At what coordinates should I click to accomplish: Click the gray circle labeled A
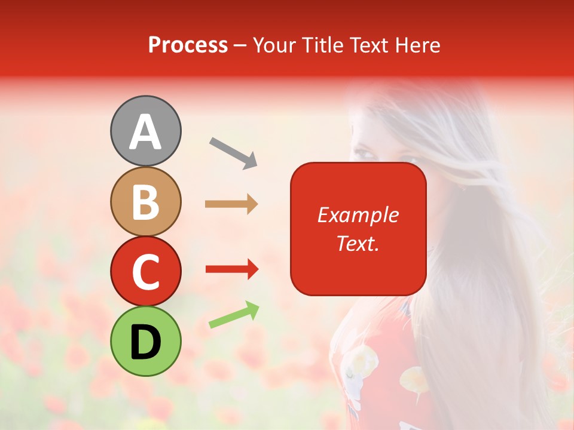click(x=146, y=131)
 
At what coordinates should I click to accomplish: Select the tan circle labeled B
click(x=146, y=201)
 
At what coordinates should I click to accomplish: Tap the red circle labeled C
click(x=146, y=271)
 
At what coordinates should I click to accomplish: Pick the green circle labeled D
click(x=146, y=341)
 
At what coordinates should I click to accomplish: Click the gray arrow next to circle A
click(x=233, y=152)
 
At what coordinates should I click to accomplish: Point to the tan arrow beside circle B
click(x=231, y=204)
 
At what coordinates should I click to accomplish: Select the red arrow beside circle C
click(x=231, y=269)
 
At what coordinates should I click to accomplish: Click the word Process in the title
click(x=188, y=45)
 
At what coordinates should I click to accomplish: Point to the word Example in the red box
click(x=358, y=215)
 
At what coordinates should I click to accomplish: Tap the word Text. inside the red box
click(x=358, y=243)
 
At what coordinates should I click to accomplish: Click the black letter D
click(x=146, y=342)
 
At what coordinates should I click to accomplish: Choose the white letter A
click(x=146, y=132)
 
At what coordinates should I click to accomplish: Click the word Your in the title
click(x=274, y=45)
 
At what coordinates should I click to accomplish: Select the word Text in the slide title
click(x=368, y=45)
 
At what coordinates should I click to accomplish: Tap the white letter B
click(x=146, y=202)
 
